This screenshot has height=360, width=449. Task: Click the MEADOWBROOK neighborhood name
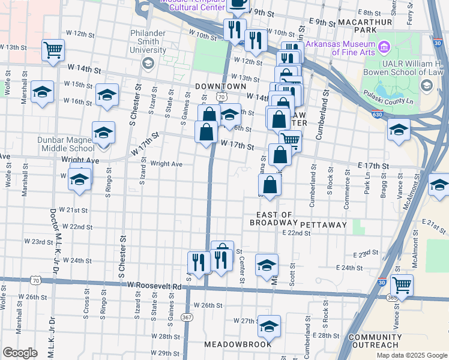click(x=238, y=344)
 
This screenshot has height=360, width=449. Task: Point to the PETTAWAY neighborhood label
click(x=323, y=224)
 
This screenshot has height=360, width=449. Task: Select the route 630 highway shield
click(x=375, y=114)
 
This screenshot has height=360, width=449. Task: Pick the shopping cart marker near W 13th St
click(x=53, y=49)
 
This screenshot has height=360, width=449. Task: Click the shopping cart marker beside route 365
click(x=402, y=284)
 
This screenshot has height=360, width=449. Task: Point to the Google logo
click(x=20, y=352)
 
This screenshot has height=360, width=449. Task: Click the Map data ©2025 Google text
click(x=411, y=355)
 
